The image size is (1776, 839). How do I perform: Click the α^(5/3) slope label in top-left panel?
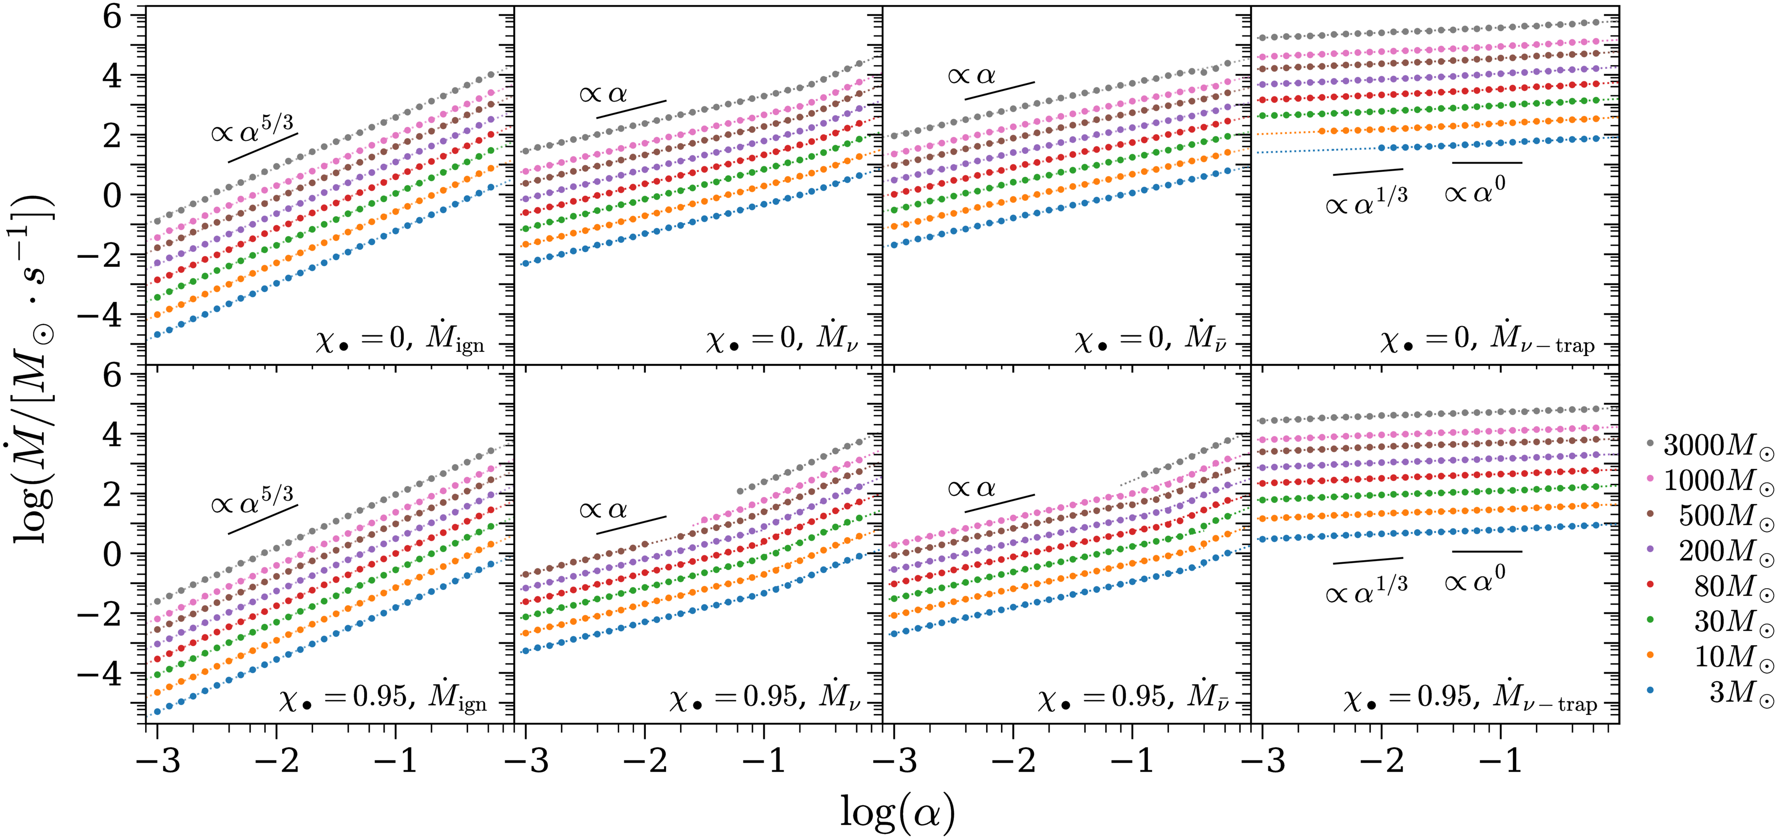252,128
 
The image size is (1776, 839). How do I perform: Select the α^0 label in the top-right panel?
1475,190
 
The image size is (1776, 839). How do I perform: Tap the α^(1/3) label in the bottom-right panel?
1366,590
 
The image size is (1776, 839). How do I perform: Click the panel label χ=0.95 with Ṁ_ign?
383,698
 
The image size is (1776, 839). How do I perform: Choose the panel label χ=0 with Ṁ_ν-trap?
1488,339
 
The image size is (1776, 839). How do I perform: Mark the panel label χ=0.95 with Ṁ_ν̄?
1133,698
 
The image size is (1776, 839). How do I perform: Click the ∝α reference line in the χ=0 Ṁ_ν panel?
631,109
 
